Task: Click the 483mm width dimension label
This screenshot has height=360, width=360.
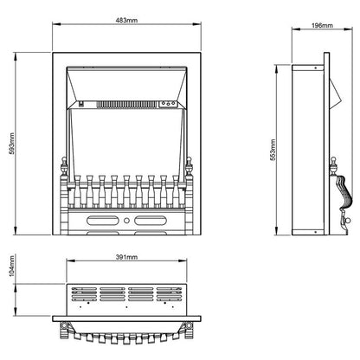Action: pyautogui.click(x=126, y=20)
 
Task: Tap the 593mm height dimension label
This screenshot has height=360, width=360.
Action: pyautogui.click(x=11, y=144)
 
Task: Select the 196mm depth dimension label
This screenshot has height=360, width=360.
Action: pyautogui.click(x=322, y=25)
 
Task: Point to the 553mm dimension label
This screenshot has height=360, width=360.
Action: pyautogui.click(x=273, y=150)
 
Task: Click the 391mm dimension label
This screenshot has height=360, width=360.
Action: pyautogui.click(x=126, y=257)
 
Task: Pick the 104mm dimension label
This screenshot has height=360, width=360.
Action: pyautogui.click(x=11, y=266)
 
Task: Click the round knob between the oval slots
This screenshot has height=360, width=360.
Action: pyautogui.click(x=126, y=221)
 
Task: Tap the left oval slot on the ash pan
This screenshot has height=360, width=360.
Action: pyautogui.click(x=103, y=221)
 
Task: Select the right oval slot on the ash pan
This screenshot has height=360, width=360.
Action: pyautogui.click(x=151, y=221)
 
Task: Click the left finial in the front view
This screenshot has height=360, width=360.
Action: pyautogui.click(x=64, y=166)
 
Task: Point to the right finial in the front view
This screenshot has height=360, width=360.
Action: pyautogui.click(x=189, y=166)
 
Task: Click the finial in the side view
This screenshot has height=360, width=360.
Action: pyautogui.click(x=333, y=166)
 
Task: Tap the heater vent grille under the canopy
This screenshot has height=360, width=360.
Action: pyautogui.click(x=127, y=105)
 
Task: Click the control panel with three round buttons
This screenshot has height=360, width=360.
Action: pyautogui.click(x=168, y=104)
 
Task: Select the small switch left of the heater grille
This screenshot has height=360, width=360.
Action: pyautogui.click(x=81, y=104)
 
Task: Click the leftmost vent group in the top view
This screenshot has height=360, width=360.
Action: pyautogui.click(x=84, y=294)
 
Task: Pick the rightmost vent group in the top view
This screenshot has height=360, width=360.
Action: pyautogui.click(x=170, y=294)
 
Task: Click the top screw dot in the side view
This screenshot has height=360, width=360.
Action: pyautogui.click(x=316, y=67)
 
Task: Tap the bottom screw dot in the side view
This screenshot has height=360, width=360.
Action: pyautogui.click(x=316, y=232)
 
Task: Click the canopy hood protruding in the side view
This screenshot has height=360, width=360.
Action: pyautogui.click(x=335, y=94)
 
